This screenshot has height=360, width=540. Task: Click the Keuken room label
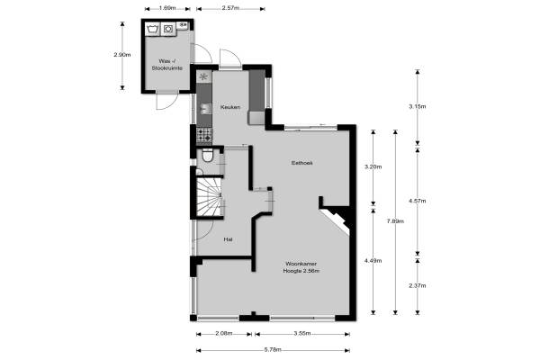click(x=230, y=107)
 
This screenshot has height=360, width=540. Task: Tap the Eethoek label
click(x=302, y=163)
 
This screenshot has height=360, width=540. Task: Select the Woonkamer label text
click(x=301, y=264)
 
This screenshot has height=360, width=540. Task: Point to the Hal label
click(x=228, y=239)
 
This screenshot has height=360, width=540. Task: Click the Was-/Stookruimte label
click(x=167, y=65)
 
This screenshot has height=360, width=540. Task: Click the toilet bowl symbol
click(x=207, y=156)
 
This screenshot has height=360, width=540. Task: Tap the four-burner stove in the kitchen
click(x=204, y=135)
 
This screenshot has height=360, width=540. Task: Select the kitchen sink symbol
click(x=205, y=109)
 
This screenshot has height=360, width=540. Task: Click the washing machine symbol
click(x=168, y=29)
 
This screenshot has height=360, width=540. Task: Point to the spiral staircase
click(x=210, y=197)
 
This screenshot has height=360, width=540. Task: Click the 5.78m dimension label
click(x=273, y=350)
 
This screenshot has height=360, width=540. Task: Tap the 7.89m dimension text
click(x=395, y=221)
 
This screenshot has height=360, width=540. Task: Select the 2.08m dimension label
click(x=224, y=334)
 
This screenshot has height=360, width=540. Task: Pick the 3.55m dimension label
click(x=302, y=334)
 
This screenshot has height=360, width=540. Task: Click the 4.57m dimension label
click(x=418, y=201)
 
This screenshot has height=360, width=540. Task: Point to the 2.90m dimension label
click(x=122, y=54)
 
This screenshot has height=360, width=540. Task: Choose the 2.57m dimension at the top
click(x=230, y=8)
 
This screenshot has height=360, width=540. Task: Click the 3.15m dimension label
click(x=418, y=106)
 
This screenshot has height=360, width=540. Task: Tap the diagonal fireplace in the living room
click(x=336, y=222)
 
